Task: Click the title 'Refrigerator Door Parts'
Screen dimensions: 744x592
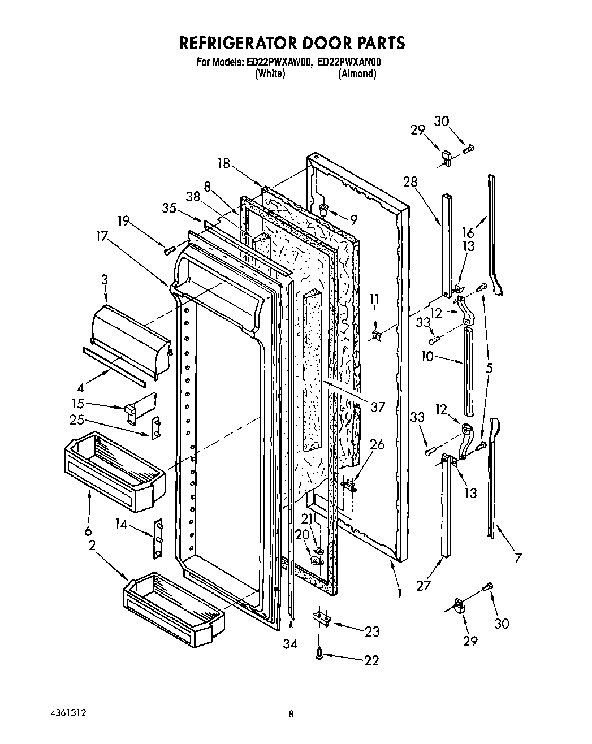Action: click(x=292, y=43)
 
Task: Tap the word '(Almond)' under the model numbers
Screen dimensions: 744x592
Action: click(x=356, y=74)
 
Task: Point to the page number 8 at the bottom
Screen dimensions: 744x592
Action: click(x=291, y=715)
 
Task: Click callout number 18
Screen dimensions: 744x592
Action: click(x=224, y=163)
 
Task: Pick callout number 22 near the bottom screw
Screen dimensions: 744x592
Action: click(x=371, y=660)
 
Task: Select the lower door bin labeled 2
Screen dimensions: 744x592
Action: click(x=174, y=608)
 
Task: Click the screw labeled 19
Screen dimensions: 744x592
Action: click(x=169, y=250)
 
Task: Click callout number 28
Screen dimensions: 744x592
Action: click(x=410, y=181)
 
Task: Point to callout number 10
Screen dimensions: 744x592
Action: click(x=427, y=357)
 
